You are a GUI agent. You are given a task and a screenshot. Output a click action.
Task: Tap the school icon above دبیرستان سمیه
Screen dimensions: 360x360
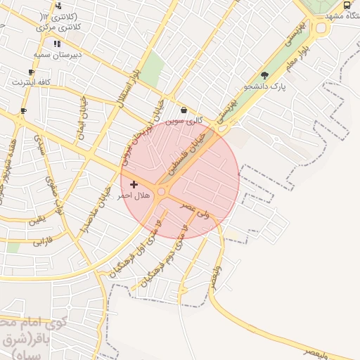tap(56, 44)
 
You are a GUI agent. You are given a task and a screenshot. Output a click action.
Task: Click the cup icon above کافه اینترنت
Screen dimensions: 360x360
tap(31, 72)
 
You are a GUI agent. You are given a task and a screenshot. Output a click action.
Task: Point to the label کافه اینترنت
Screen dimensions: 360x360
tap(31, 82)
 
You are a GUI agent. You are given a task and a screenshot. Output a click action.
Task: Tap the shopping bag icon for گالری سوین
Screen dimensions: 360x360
tap(184, 110)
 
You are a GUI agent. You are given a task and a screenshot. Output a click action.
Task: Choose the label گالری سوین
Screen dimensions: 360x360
tap(184, 120)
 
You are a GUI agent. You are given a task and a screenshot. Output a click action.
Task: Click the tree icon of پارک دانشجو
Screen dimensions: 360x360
tap(264, 75)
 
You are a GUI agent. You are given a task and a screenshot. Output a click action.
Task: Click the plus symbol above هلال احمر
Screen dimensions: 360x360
tap(134, 184)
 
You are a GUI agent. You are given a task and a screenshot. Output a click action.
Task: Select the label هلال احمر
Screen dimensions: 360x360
tap(134, 195)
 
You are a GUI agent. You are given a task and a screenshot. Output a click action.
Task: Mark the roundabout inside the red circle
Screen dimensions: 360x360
tap(161, 191)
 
